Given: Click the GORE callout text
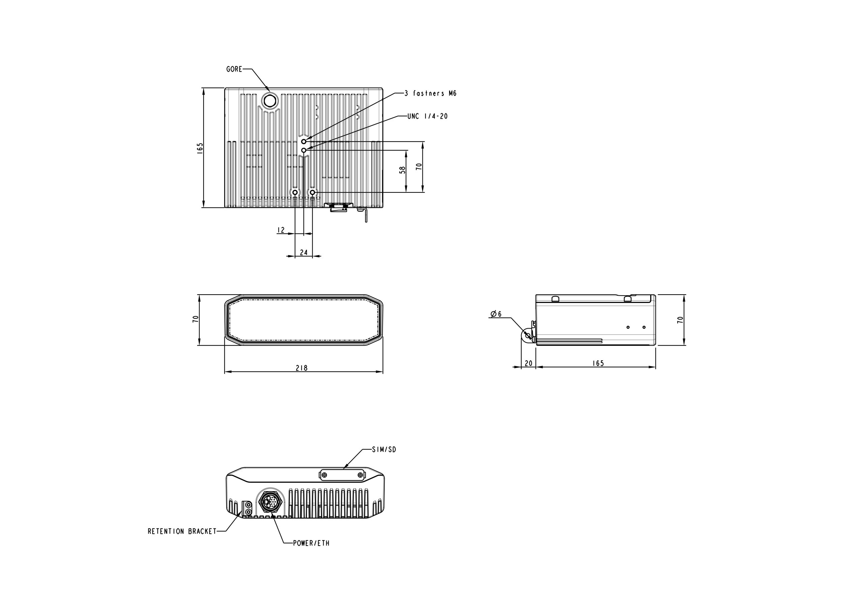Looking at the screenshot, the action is pyautogui.click(x=234, y=69).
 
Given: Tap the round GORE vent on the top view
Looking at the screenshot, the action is pyautogui.click(x=269, y=100).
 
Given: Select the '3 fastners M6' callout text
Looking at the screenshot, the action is pyautogui.click(x=430, y=93).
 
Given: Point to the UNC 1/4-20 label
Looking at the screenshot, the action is pyautogui.click(x=427, y=116).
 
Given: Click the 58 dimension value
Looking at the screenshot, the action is pyautogui.click(x=403, y=170).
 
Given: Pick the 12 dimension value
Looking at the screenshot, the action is pyautogui.click(x=281, y=230).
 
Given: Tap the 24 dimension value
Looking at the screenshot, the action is pyautogui.click(x=304, y=252).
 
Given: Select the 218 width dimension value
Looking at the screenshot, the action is pyautogui.click(x=301, y=368).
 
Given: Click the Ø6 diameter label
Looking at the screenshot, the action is pyautogui.click(x=496, y=314).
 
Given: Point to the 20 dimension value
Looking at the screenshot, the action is pyautogui.click(x=529, y=363).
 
